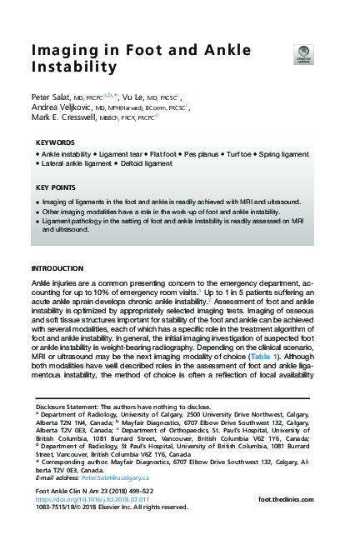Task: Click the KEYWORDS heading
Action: pos(55,142)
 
